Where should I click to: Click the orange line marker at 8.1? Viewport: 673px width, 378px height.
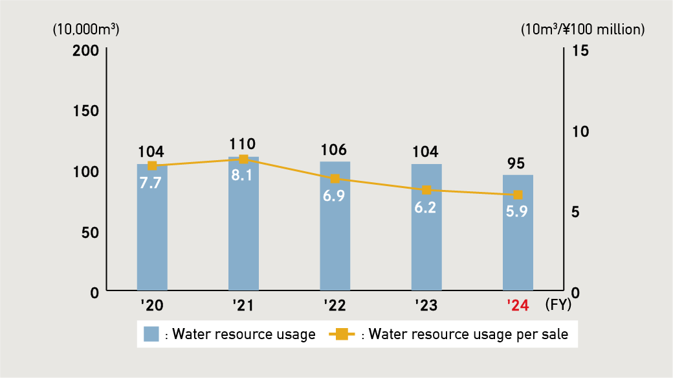pos(243,159)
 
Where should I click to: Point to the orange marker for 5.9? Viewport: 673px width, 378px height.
pos(518,195)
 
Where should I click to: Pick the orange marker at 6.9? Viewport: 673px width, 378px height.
pos(335,178)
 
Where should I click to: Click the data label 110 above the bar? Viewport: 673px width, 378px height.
pos(243,144)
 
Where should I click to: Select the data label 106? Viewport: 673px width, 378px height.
pos(335,149)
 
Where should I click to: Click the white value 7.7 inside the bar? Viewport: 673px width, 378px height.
pos(152,183)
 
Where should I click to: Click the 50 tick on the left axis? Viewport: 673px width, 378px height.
pos(90,231)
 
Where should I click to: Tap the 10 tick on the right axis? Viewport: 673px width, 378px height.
pos(580,131)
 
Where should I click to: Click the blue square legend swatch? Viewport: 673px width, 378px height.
pos(151,335)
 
